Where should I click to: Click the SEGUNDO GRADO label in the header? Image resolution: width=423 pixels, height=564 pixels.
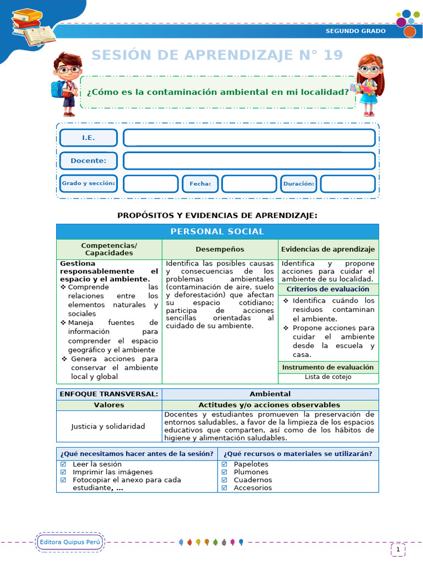[x=356, y=31]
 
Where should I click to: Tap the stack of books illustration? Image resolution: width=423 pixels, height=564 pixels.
[x=33, y=27]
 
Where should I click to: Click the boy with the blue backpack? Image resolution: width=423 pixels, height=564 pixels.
[x=67, y=83]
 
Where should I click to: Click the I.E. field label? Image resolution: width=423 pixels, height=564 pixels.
[x=88, y=138]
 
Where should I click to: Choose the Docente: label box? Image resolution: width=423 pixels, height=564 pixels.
[x=88, y=161]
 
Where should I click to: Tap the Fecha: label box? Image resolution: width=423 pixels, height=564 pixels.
[x=200, y=183]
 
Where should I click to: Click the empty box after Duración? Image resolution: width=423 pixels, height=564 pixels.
[x=348, y=183]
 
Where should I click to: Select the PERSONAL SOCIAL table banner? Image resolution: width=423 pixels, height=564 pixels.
[x=217, y=231]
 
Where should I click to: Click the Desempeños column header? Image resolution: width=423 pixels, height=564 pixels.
[x=220, y=250]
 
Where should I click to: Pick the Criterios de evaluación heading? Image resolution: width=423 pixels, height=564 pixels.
[x=328, y=289]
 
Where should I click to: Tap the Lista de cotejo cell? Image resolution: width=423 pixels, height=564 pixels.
[x=328, y=377]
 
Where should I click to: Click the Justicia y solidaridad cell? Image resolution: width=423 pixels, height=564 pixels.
[x=108, y=426]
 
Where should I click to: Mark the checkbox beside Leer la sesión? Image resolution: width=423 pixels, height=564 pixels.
[x=63, y=464]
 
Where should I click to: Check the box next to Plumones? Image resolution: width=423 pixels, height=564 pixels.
[x=224, y=472]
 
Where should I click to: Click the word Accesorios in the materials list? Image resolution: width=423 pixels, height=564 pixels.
[x=253, y=487]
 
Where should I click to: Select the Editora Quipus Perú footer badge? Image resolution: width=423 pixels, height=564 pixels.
[x=70, y=543]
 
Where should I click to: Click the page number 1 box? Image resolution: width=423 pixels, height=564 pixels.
[x=398, y=549]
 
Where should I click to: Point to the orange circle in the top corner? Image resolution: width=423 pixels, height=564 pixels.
[x=409, y=31]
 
